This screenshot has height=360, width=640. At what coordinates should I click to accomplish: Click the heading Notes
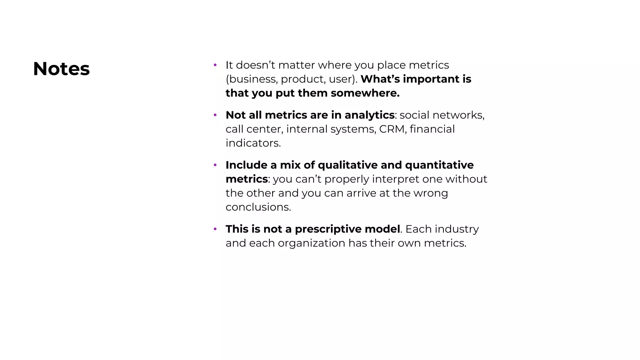pos(61,69)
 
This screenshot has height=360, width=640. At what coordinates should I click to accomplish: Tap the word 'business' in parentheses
pos(252,79)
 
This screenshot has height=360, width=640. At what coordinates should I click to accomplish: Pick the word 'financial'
pos(432,129)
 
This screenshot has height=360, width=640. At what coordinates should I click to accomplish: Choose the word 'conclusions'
pos(258,207)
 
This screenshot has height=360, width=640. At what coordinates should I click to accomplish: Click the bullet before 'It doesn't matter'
pos(215,65)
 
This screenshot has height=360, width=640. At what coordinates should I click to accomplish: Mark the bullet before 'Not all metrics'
pos(215,115)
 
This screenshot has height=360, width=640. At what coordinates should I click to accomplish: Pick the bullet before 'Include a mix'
pos(215,165)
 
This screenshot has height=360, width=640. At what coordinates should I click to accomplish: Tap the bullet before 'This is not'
pos(215,229)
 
